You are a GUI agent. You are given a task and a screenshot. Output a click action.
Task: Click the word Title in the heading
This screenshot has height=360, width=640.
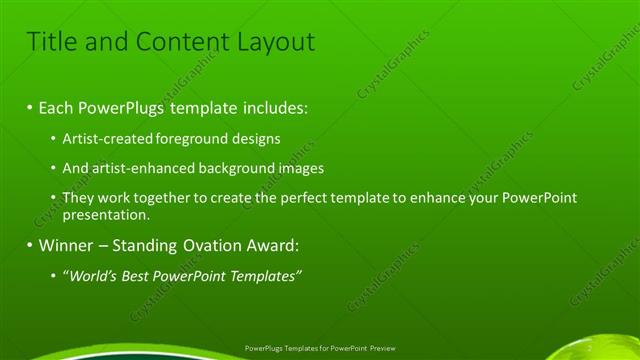click(49, 42)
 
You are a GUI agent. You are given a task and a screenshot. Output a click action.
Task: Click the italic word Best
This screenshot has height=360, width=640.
click(136, 275)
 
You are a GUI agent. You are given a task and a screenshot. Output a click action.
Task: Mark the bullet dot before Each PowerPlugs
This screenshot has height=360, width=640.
click(30, 106)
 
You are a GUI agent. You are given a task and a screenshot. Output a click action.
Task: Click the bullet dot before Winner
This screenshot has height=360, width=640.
click(30, 245)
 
